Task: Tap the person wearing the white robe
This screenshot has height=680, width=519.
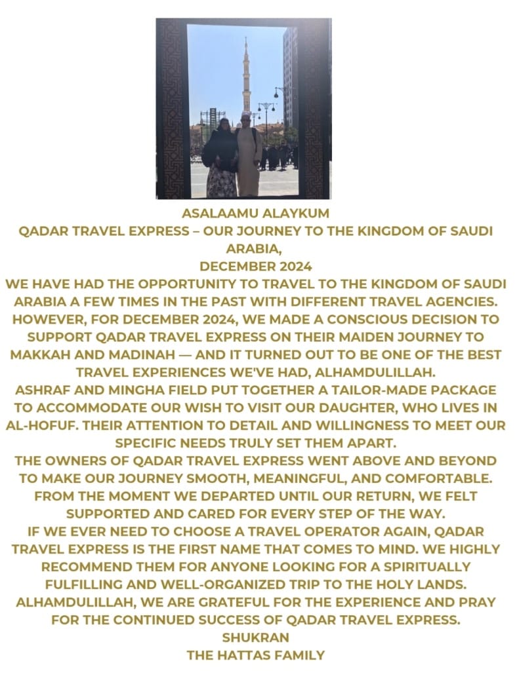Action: point(249,157)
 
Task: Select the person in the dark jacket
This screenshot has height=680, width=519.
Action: point(221,157)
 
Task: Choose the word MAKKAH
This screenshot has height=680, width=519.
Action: point(44,355)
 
